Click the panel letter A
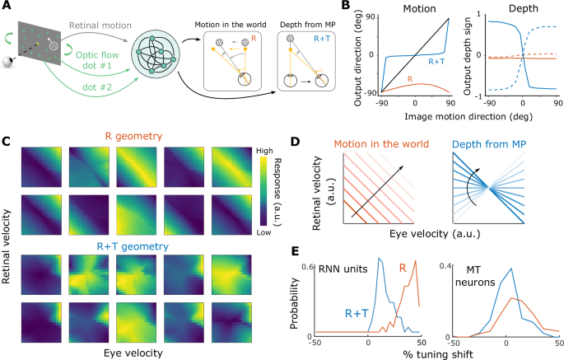(7, 7)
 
